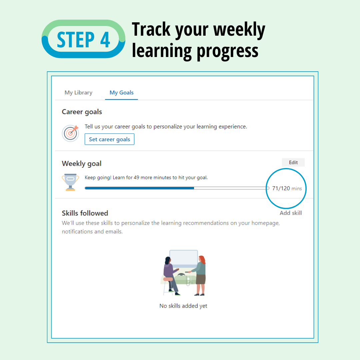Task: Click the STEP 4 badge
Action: (x=83, y=39)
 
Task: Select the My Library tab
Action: (x=78, y=93)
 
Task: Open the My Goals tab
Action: (x=121, y=93)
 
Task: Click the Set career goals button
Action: (x=109, y=139)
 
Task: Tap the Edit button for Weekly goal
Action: (x=293, y=162)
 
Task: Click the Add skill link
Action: (x=291, y=213)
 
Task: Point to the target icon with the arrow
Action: (x=70, y=133)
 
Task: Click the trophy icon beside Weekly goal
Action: (x=70, y=182)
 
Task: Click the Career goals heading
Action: (x=82, y=112)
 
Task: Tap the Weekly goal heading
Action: (x=82, y=164)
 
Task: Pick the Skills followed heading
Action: (x=85, y=213)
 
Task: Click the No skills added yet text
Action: (x=183, y=306)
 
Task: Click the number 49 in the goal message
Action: (x=137, y=178)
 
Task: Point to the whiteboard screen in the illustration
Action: (x=183, y=258)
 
